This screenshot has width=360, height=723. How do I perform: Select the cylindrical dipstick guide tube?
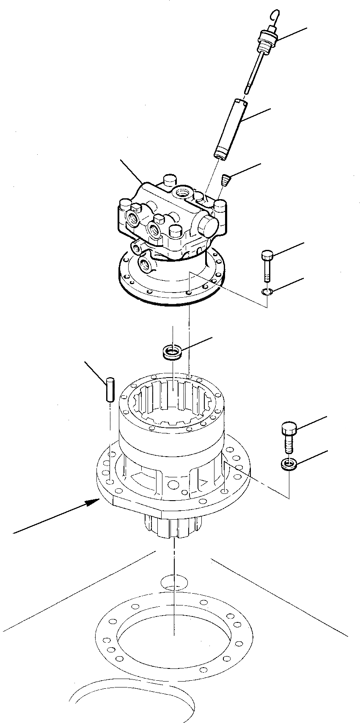(x=231, y=127)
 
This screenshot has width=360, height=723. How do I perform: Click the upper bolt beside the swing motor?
(x=267, y=265)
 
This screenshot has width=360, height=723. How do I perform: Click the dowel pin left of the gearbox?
(x=110, y=389)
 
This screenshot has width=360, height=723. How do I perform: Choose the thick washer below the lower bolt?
(x=289, y=464)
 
